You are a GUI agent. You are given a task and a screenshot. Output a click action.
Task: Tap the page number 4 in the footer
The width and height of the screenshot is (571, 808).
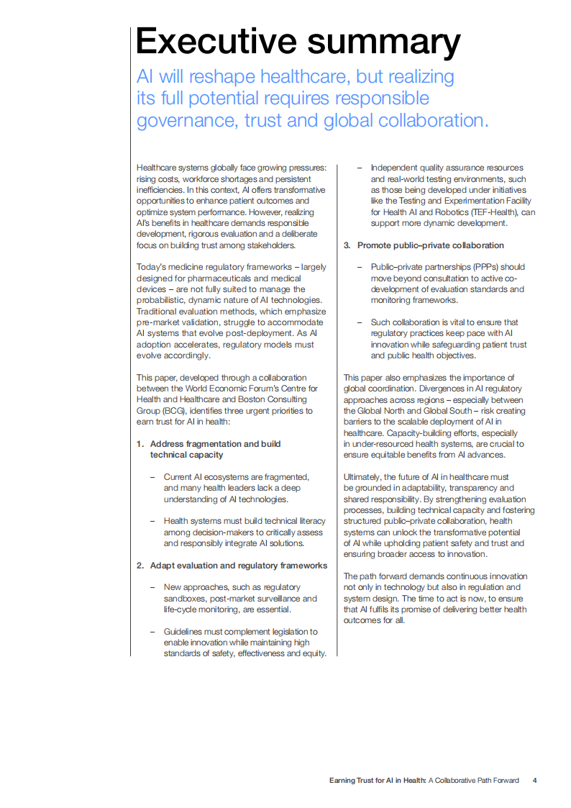pyautogui.click(x=534, y=780)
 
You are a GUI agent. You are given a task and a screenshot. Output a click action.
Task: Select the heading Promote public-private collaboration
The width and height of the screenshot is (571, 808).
pyautogui.click(x=431, y=245)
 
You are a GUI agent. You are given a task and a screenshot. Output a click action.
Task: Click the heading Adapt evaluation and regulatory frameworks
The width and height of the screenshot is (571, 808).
pyautogui.click(x=238, y=566)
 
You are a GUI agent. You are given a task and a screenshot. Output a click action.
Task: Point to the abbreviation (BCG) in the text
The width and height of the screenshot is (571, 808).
pyautogui.click(x=165, y=411)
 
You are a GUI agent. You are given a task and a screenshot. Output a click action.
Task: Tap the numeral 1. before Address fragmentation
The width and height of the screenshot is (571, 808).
pyautogui.click(x=140, y=444)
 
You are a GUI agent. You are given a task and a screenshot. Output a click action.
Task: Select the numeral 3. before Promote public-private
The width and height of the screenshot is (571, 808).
pyautogui.click(x=347, y=245)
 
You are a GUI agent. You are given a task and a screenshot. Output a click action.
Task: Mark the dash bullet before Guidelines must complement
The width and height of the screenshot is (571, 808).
pyautogui.click(x=152, y=632)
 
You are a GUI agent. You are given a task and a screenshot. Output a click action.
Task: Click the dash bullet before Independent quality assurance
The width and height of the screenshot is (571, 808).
pyautogui.click(x=360, y=168)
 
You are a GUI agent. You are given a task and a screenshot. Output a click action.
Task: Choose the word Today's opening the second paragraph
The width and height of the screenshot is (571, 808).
pyautogui.click(x=152, y=268)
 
